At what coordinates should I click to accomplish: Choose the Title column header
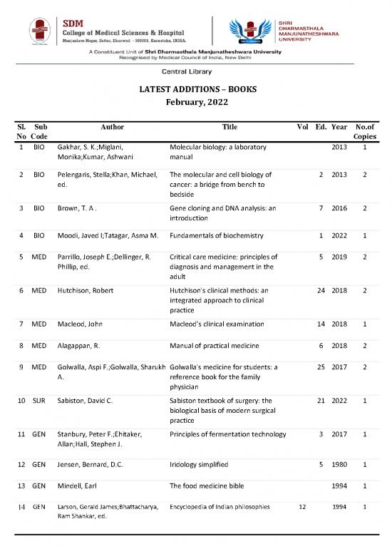229,126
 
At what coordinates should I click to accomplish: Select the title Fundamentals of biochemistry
217,235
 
